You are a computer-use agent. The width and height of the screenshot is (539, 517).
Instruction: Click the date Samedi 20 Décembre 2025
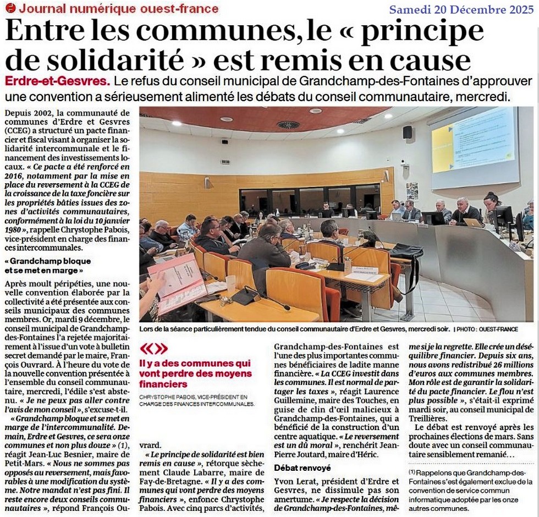click(461, 9)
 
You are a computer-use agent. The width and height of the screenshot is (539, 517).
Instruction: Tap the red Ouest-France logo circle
click(10, 8)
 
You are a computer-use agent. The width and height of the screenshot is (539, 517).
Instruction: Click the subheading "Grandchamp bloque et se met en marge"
click(48, 266)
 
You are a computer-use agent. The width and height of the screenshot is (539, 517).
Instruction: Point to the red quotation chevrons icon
click(153, 349)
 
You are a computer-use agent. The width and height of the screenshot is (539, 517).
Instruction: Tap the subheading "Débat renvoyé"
click(302, 468)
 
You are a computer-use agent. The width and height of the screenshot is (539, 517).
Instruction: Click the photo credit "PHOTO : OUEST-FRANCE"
click(486, 329)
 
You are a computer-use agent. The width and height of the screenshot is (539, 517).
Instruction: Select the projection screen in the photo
click(475, 146)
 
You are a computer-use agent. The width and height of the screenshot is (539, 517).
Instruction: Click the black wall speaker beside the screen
click(407, 132)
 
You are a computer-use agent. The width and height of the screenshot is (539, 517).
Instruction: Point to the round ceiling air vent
click(288, 125)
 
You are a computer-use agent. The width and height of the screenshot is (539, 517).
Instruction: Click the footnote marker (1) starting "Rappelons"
click(412, 472)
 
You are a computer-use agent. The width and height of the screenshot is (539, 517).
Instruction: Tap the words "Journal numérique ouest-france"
click(118, 8)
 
